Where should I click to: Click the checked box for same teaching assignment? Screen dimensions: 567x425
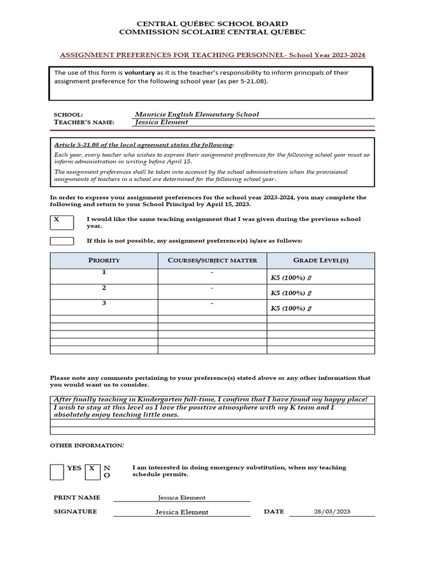coord(61,221)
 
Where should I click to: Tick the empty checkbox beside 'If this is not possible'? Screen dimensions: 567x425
coord(61,241)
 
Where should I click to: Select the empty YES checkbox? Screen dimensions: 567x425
coord(57,472)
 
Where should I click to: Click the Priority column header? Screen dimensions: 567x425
coord(104,260)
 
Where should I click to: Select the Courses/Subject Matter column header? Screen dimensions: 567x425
coord(212,260)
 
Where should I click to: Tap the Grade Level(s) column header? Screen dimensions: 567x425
coord(320,260)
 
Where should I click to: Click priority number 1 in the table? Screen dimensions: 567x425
coord(104,273)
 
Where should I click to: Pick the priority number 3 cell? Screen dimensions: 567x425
coord(104,303)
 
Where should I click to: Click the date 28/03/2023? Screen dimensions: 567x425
coord(331,512)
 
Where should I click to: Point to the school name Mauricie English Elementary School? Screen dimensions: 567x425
coord(196,115)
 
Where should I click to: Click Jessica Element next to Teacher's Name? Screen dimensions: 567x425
coord(162,122)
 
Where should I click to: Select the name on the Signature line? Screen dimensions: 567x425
coord(182,512)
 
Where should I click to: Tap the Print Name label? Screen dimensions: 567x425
coord(77,498)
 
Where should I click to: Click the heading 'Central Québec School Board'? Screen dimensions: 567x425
coord(212,24)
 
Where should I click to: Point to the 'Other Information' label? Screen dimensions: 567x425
coord(87,446)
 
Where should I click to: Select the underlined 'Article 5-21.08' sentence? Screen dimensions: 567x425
coord(143,145)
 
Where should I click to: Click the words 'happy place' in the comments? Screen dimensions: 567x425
coord(345,400)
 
